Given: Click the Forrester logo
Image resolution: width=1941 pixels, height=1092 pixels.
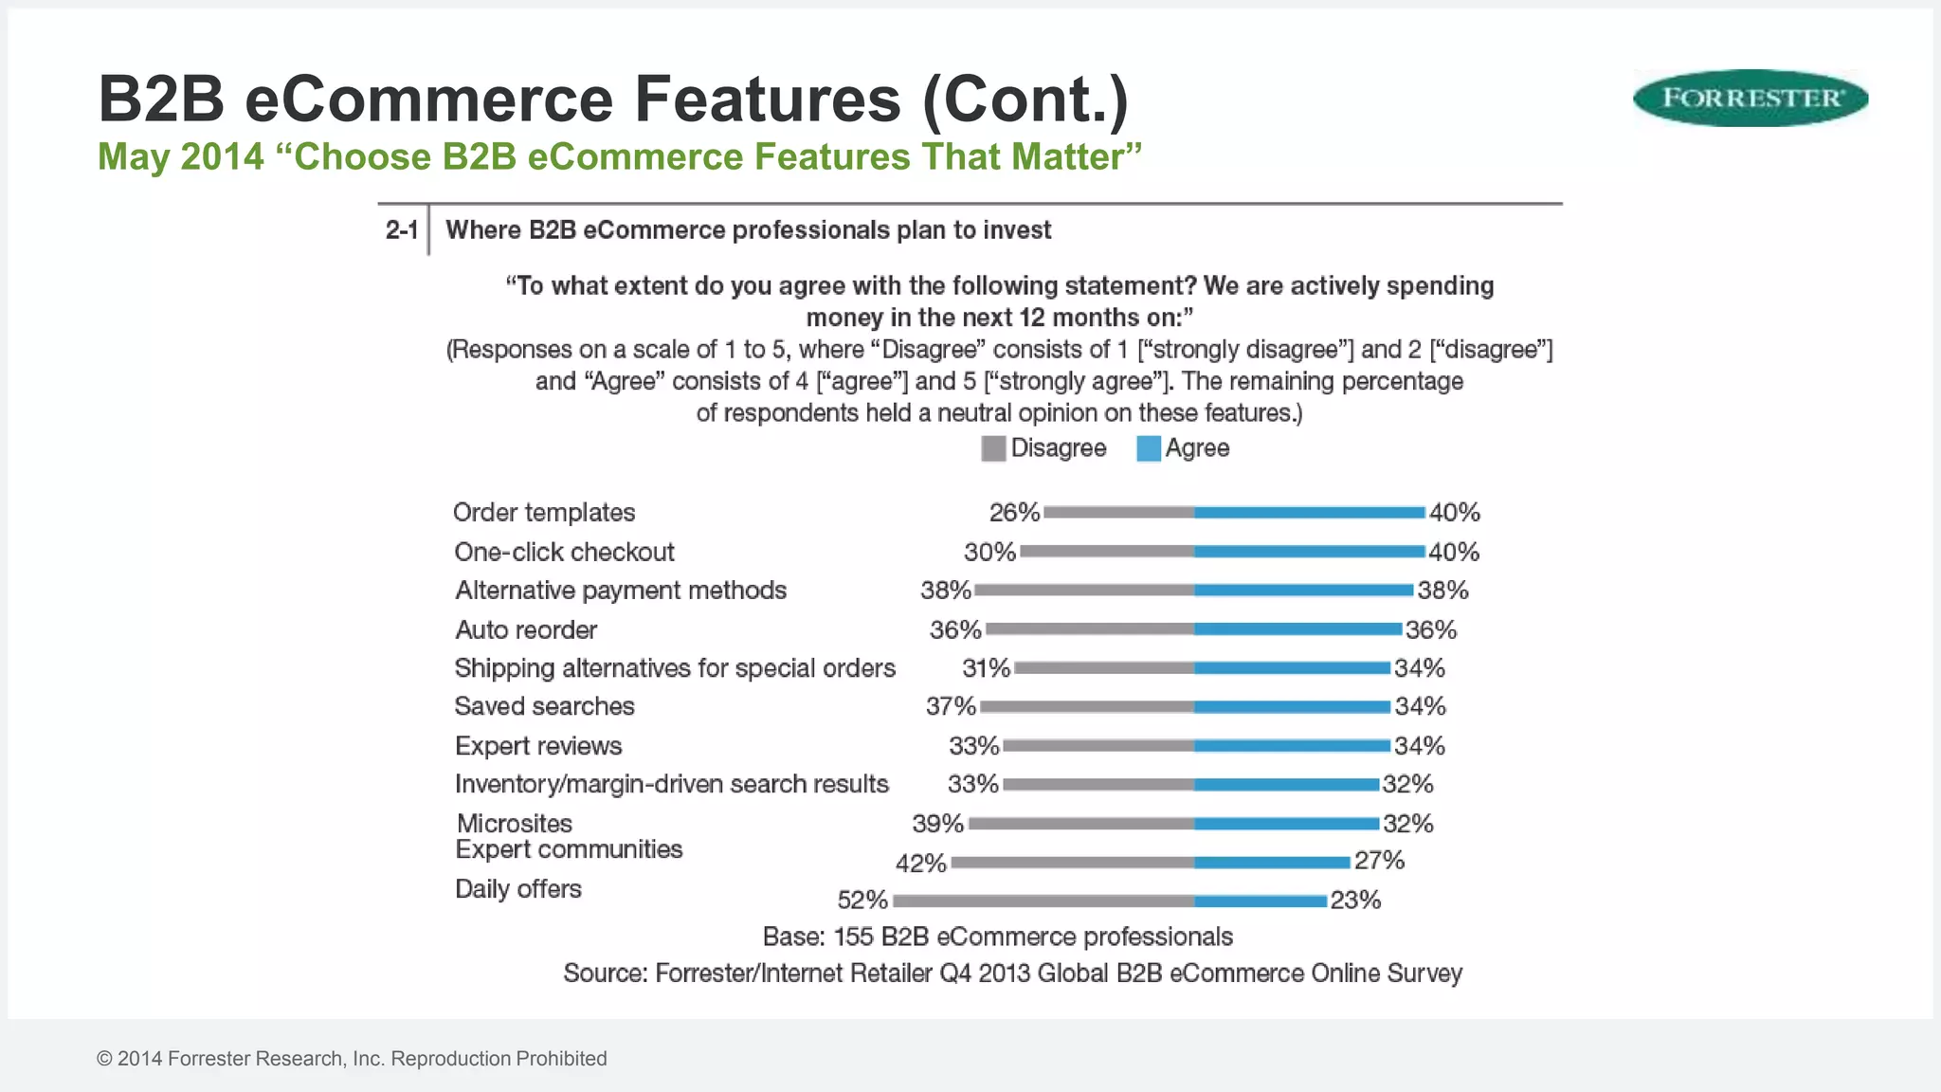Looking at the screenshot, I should coord(1750,98).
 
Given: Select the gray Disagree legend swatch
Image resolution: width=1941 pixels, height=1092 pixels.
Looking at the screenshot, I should coord(992,448).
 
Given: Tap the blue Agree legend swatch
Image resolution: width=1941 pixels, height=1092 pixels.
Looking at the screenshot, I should coord(1148,448).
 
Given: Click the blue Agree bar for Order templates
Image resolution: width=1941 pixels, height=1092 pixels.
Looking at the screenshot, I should coord(1309,513).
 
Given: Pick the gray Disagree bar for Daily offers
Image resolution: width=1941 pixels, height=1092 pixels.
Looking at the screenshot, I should coord(1043,901).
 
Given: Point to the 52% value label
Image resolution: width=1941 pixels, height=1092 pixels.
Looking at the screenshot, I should coord(862,900).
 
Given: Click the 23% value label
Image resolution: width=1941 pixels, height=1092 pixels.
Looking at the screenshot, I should coord(1355,900).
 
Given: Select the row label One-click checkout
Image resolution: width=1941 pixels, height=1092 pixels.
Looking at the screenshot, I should coord(564,552).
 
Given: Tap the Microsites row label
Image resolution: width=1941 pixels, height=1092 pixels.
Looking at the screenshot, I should coord(515,823).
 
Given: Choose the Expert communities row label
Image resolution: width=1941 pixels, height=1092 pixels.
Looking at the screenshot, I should coord(569,849).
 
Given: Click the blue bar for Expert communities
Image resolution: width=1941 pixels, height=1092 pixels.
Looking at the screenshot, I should coord(1272,863).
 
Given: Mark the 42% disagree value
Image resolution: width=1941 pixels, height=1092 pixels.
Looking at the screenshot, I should coord(920,864).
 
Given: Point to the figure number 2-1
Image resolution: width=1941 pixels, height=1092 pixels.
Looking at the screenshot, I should coord(401,230).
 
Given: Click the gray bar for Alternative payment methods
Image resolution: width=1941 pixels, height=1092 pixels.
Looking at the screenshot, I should coord(1084,591).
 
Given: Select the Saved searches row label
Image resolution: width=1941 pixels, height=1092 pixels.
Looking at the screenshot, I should coord(544,706).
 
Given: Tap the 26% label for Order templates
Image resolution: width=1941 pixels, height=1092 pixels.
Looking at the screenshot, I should coord(1014,513).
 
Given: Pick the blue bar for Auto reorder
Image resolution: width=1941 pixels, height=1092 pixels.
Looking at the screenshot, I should coord(1297,629).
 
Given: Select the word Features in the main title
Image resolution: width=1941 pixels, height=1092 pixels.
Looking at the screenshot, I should coord(767,99).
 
